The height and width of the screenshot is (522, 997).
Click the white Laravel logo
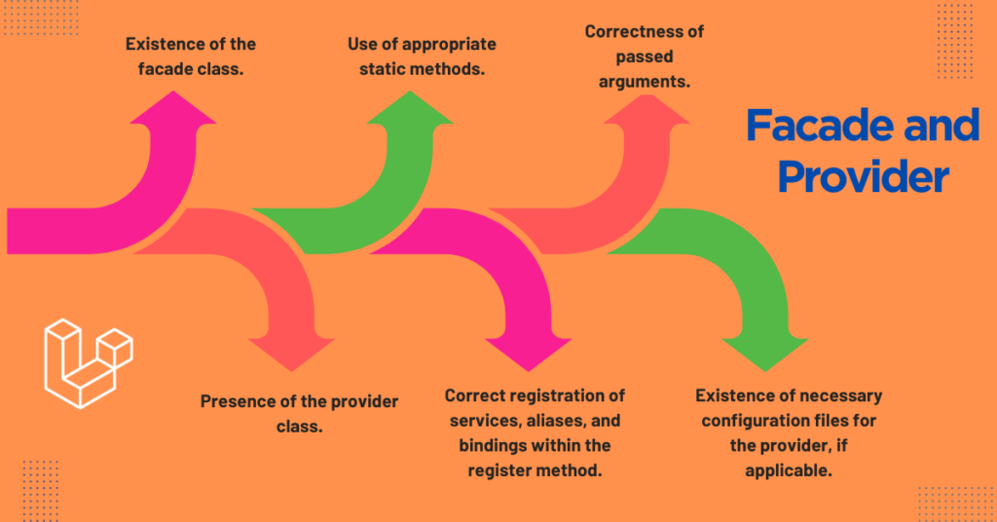pyautogui.click(x=89, y=363)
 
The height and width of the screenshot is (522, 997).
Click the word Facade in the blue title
pyautogui.click(x=820, y=125)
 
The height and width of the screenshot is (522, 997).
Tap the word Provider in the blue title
pyautogui.click(x=863, y=175)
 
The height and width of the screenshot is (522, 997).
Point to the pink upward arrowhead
pyautogui.click(x=173, y=107)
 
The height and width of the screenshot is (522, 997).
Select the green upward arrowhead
pyautogui.click(x=410, y=107)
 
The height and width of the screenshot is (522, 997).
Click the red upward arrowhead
pyautogui.click(x=646, y=108)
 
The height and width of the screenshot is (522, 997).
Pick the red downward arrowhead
pyautogui.click(x=292, y=354)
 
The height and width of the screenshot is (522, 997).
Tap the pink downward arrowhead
pyautogui.click(x=529, y=354)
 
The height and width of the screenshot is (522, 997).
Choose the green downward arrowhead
pyautogui.click(x=765, y=354)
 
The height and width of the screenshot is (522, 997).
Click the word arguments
pyautogui.click(x=645, y=82)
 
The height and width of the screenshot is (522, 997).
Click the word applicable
pyautogui.click(x=789, y=471)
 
